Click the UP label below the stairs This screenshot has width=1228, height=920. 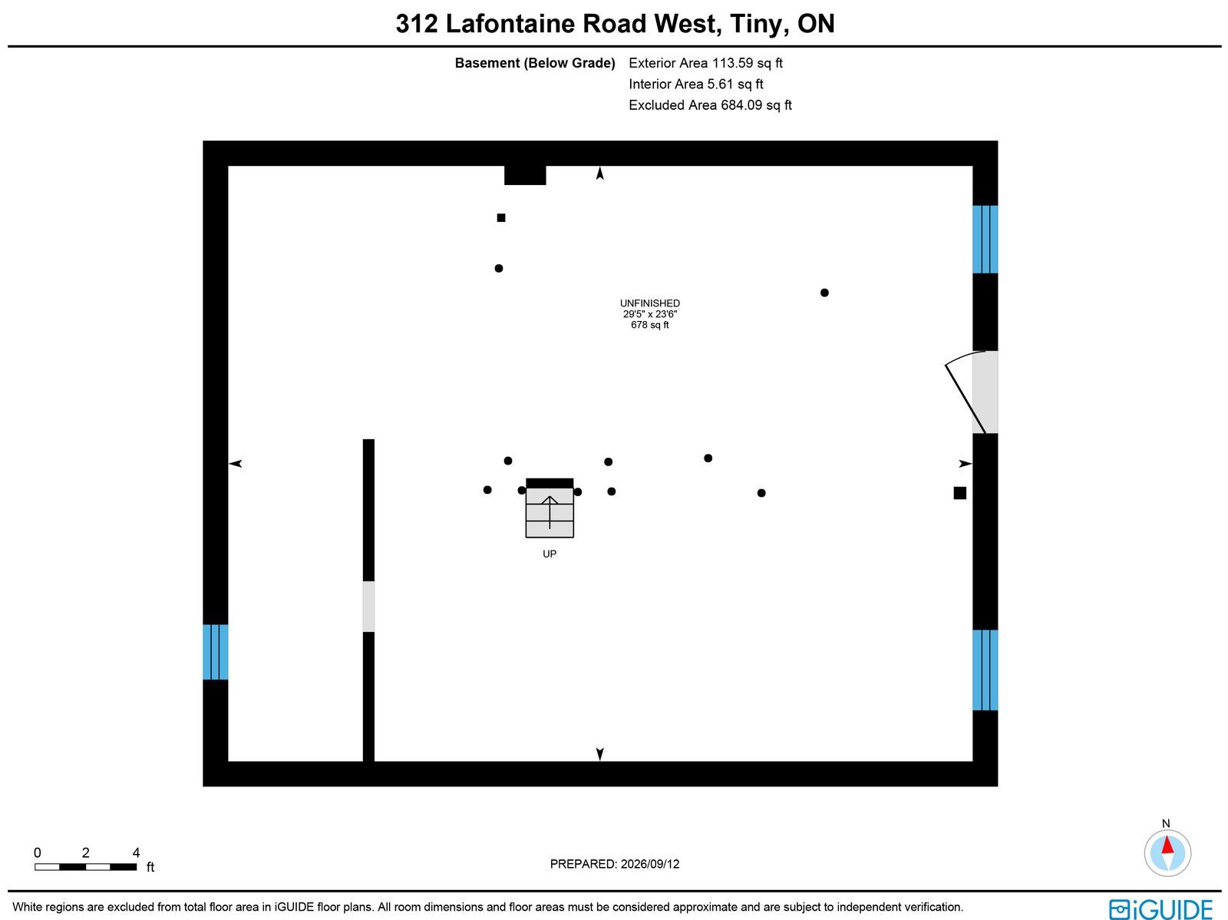[x=550, y=554]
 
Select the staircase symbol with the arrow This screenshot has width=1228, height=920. [x=550, y=508]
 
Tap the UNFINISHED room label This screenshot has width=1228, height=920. [x=649, y=303]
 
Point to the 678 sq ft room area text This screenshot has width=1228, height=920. [x=649, y=325]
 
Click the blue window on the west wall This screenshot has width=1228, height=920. [x=216, y=652]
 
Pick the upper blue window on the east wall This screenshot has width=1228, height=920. [x=985, y=240]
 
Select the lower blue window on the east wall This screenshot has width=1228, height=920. [x=985, y=670]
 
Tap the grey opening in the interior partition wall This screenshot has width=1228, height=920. [x=368, y=607]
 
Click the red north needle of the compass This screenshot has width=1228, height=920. [x=1167, y=845]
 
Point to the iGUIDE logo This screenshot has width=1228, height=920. [x=1160, y=908]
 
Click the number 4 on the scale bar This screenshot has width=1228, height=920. [x=136, y=852]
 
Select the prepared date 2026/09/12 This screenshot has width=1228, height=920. [x=650, y=863]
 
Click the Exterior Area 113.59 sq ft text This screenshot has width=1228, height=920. [x=705, y=63]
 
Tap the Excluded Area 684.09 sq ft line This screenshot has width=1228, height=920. [x=710, y=104]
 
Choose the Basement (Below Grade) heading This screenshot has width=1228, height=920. [x=535, y=63]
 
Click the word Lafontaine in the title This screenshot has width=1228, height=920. [x=510, y=24]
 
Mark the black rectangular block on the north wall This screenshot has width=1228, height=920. [x=525, y=175]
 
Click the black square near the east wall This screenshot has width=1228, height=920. [x=959, y=492]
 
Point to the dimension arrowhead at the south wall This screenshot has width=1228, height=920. [x=599, y=754]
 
